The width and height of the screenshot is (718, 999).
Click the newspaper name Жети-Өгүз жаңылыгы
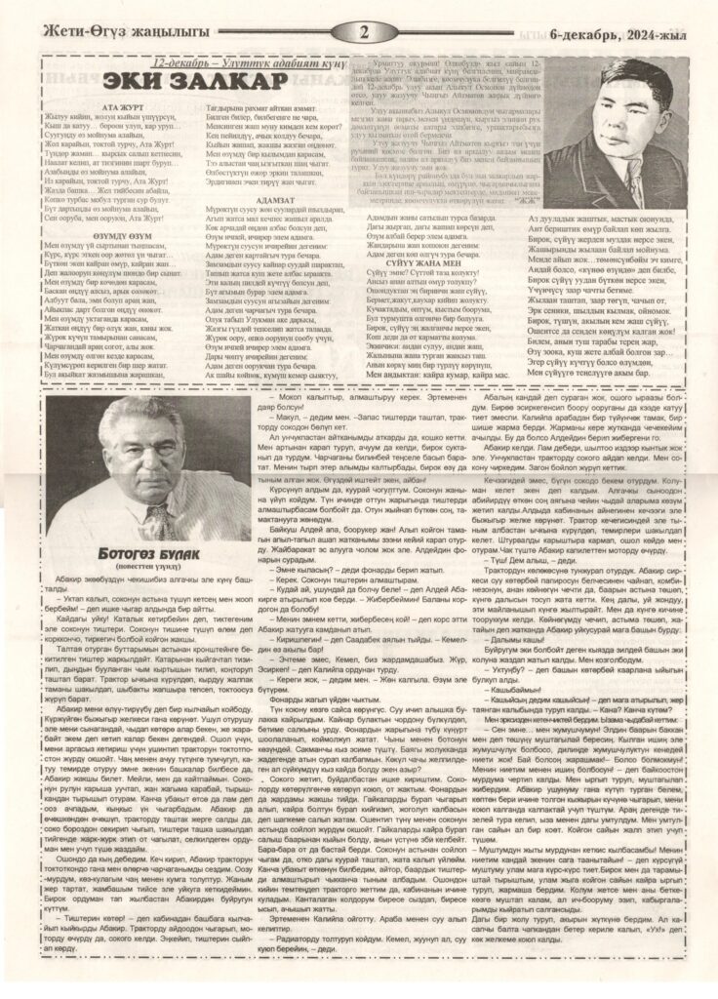122,33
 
